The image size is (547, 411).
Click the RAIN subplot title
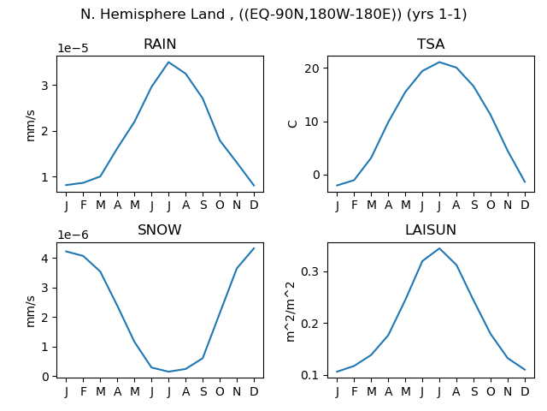pyautogui.click(x=160, y=44)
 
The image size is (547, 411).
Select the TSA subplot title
pyautogui.click(x=431, y=44)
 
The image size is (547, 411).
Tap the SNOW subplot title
pyautogui.click(x=160, y=230)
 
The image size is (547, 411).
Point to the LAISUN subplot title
pyautogui.click(x=431, y=230)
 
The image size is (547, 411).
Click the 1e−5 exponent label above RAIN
pyautogui.click(x=73, y=48)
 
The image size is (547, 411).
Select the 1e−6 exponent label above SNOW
pyautogui.click(x=73, y=235)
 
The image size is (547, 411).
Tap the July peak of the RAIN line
pyautogui.click(x=168, y=63)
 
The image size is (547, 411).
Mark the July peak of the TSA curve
pyautogui.click(x=439, y=63)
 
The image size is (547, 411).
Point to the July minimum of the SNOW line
pyautogui.click(x=168, y=372)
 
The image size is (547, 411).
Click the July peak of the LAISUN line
pyautogui.click(x=439, y=248)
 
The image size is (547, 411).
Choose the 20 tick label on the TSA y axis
pyautogui.click(x=312, y=68)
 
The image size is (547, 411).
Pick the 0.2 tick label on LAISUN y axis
pyautogui.click(x=309, y=324)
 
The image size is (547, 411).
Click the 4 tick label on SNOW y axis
pyautogui.click(x=45, y=259)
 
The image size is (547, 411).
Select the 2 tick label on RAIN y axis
pyautogui.click(x=45, y=131)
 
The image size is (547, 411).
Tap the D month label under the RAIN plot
pyautogui.click(x=254, y=205)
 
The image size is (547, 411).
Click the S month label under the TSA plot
pyautogui.click(x=473, y=205)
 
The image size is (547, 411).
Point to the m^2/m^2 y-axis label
pyautogui.click(x=291, y=312)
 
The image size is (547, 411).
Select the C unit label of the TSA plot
pyautogui.click(x=292, y=124)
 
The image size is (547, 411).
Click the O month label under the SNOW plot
pyautogui.click(x=220, y=391)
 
